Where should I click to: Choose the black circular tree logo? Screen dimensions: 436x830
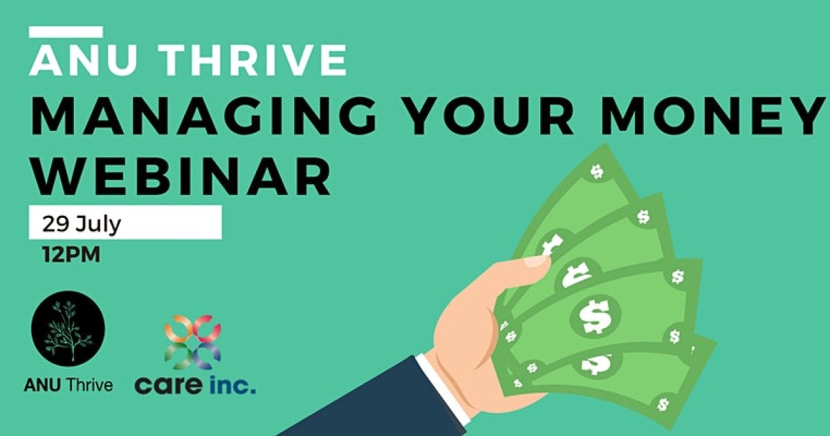point(68,327)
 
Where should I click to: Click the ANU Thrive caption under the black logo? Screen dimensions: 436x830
point(68,385)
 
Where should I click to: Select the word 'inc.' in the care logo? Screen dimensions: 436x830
point(231,385)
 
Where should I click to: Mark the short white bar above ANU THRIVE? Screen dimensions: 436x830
point(66,32)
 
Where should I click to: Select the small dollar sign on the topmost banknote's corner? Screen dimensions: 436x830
point(596,171)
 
